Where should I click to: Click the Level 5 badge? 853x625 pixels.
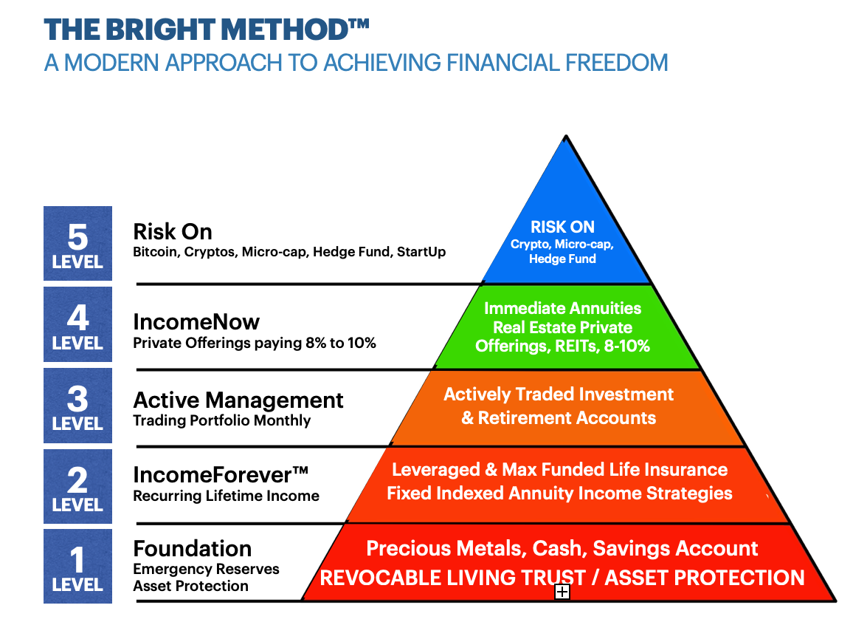tap(77, 243)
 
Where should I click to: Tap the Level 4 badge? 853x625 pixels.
tap(77, 324)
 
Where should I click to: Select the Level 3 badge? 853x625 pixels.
tap(77, 406)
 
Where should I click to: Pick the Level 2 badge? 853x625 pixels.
tap(77, 486)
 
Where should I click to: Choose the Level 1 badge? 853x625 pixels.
tap(77, 566)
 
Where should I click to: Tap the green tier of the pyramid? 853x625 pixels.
tap(566, 327)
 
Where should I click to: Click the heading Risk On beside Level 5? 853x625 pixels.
tap(173, 232)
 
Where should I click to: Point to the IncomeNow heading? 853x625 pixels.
tap(196, 322)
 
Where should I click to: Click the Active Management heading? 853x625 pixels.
tap(238, 400)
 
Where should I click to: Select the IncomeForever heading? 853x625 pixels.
tap(221, 475)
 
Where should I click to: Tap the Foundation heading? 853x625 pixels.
tap(193, 548)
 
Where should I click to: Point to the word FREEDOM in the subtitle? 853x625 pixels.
tap(616, 63)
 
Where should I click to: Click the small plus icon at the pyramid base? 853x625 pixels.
tap(562, 592)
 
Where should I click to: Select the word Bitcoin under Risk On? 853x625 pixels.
tap(156, 252)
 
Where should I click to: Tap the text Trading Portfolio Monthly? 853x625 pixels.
tap(222, 421)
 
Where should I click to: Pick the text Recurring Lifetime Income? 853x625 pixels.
tap(227, 496)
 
